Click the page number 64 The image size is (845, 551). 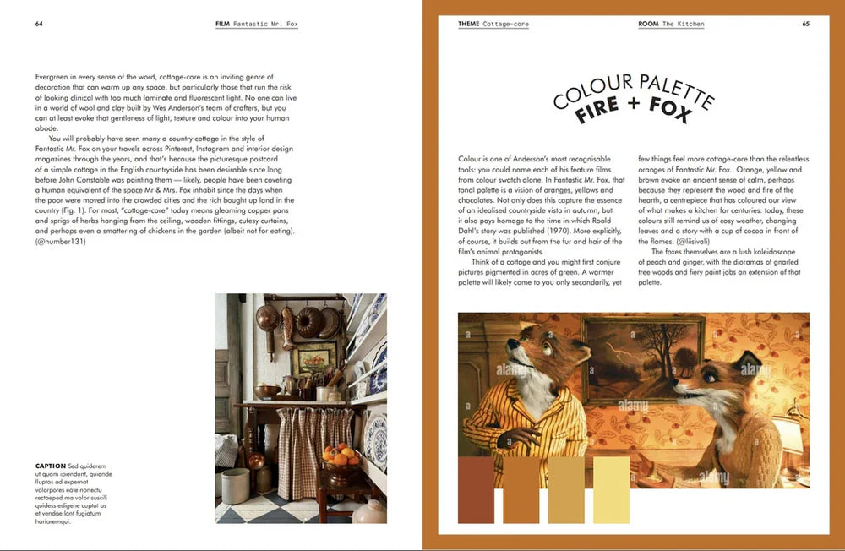tap(39, 24)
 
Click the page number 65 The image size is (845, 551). tap(805, 24)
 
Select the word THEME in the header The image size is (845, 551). tap(468, 24)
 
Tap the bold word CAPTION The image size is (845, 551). tap(51, 466)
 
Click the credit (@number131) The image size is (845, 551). tap(61, 242)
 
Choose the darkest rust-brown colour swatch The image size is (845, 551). tap(476, 489)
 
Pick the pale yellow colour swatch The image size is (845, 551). tap(611, 489)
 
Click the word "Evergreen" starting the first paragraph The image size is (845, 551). tap(52, 77)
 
